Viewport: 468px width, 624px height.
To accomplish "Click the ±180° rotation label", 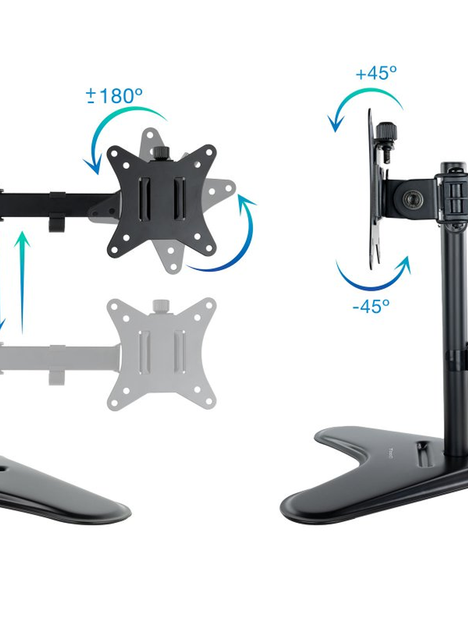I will click(114, 96).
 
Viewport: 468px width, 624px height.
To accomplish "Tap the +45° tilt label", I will click(376, 73).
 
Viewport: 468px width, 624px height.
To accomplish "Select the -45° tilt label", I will click(371, 306).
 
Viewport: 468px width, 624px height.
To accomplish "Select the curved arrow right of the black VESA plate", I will click(230, 238).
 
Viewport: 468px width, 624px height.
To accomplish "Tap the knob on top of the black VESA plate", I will click(162, 153).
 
